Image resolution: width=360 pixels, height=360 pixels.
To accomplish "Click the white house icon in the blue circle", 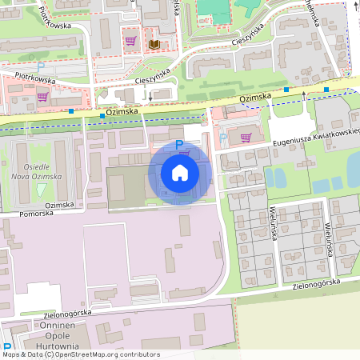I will point(179,172).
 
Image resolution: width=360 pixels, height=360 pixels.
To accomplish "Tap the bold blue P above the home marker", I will point(179,142).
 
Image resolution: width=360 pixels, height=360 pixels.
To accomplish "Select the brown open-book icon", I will point(154,43).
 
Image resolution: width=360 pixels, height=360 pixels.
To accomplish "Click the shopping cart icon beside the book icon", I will point(130,41).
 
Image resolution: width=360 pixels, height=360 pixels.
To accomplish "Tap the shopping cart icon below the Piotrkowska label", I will point(42,96).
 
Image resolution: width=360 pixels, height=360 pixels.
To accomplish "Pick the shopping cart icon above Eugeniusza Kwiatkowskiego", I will point(246,137).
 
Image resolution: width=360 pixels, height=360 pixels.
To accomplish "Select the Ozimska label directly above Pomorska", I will point(66,205).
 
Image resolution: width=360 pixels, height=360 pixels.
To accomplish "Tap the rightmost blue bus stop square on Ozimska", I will point(326,90).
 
